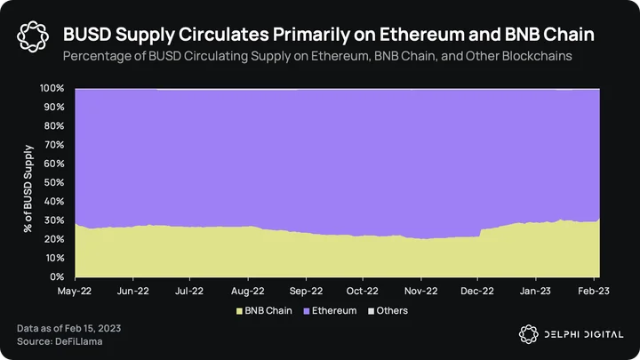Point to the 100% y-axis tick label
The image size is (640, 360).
point(52,88)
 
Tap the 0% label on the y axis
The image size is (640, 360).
point(57,276)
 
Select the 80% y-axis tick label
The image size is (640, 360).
point(54,125)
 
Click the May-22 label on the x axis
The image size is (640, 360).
point(75,291)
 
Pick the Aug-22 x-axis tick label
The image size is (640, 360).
point(248,291)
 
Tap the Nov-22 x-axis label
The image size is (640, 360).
point(420,291)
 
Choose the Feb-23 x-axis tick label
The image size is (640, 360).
point(594,291)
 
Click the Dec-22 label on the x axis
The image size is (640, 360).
point(477,291)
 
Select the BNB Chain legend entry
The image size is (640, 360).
point(265,311)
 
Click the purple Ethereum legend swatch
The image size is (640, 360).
point(307,311)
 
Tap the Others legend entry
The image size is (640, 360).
point(388,311)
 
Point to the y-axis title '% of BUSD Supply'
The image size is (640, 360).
point(28,188)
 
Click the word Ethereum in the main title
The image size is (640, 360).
point(422,35)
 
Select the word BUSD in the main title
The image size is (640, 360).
point(87,35)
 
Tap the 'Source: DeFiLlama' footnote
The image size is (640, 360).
point(60,341)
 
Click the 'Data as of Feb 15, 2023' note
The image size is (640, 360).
point(69,328)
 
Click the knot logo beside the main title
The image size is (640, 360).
point(33,36)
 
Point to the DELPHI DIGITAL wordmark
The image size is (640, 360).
point(584,335)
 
